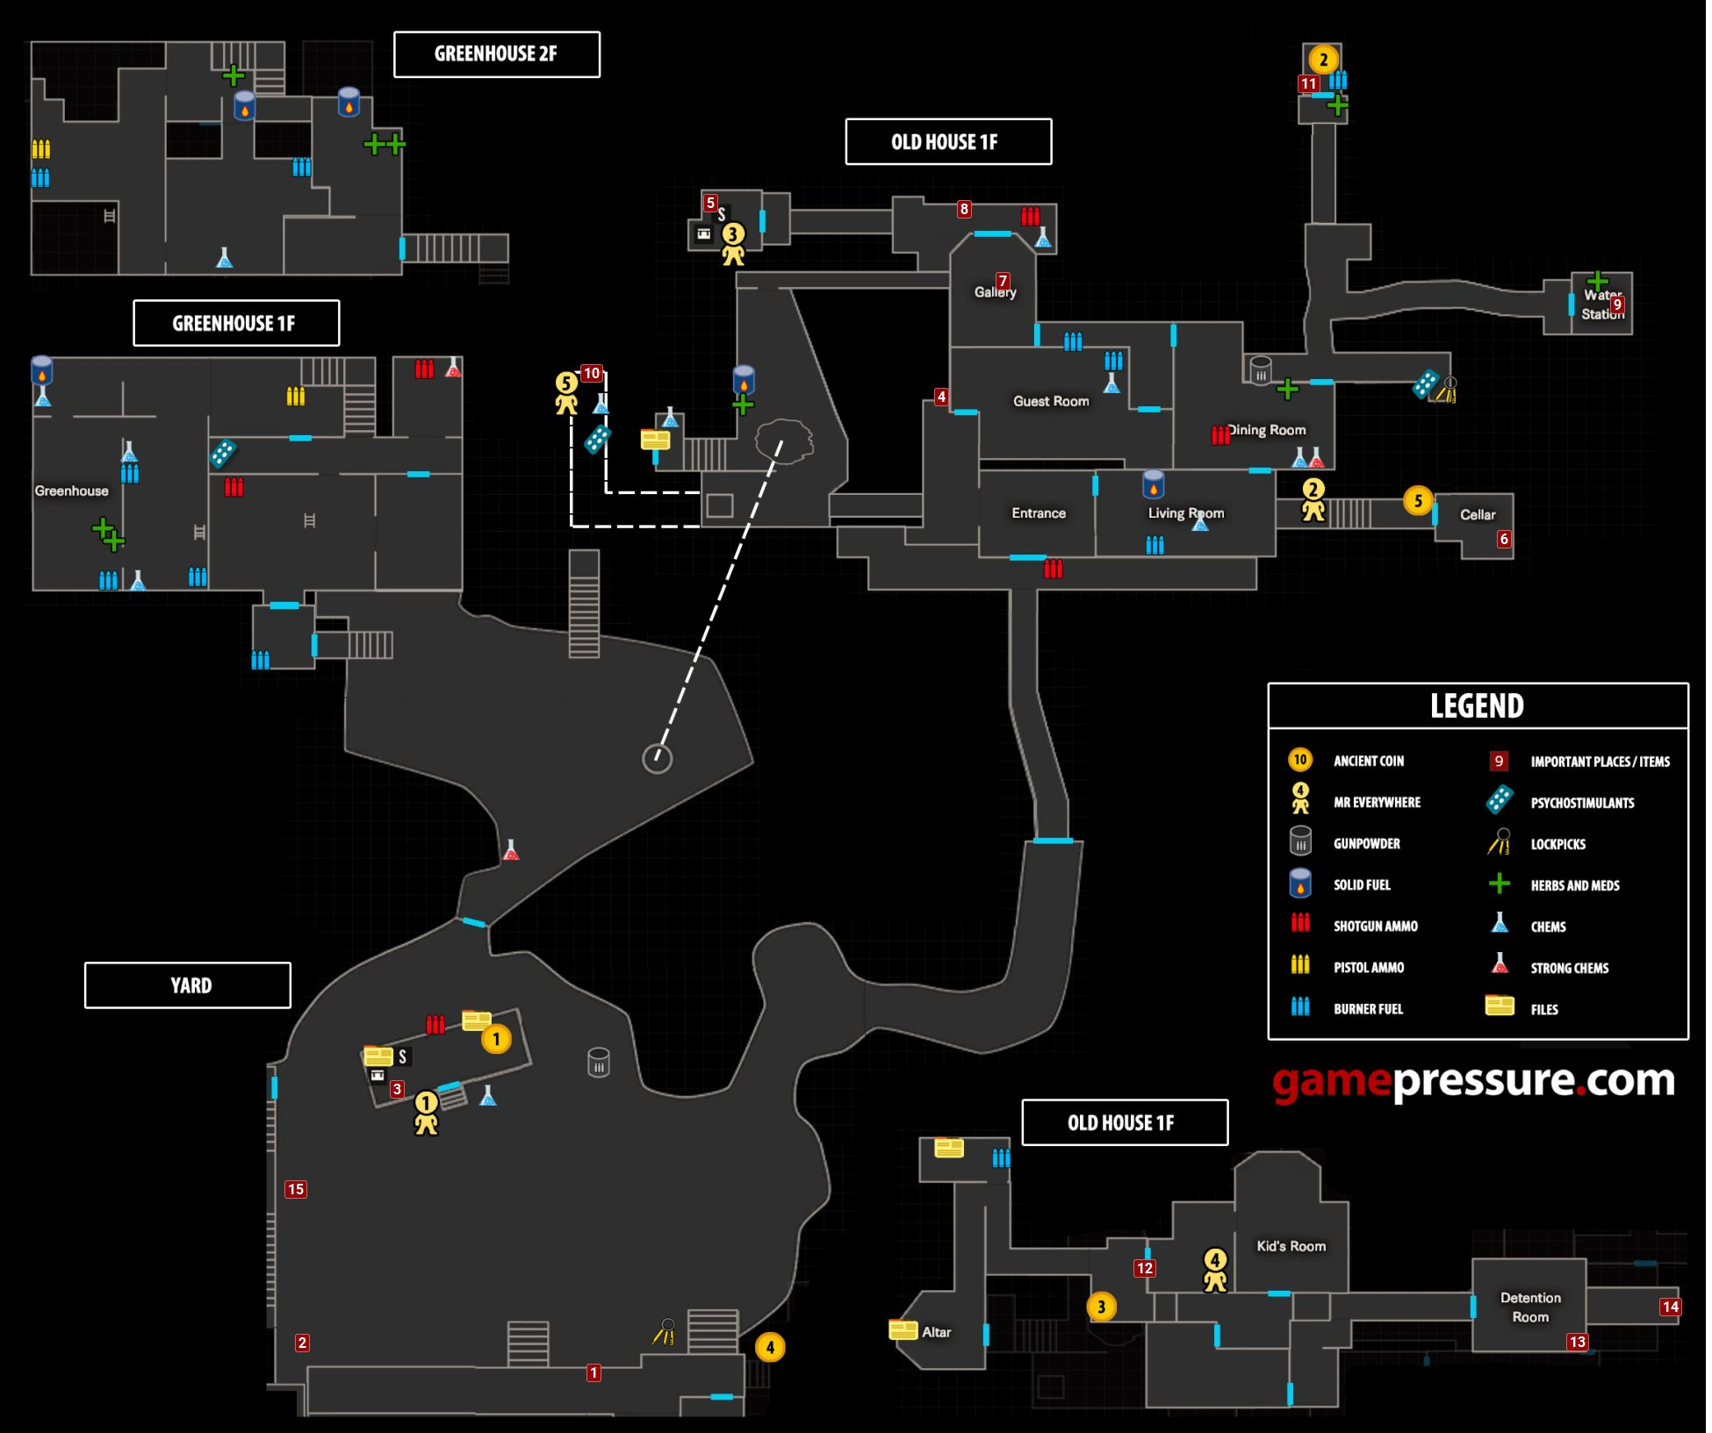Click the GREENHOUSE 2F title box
[x=497, y=54]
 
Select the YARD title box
[x=188, y=985]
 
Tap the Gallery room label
[x=995, y=292]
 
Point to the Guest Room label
[x=1051, y=401]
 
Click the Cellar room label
[x=1478, y=515]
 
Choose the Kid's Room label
[x=1291, y=1246]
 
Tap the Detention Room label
[x=1530, y=1308]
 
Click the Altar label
[x=936, y=1332]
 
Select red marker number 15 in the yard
[x=295, y=1190]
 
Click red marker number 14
[x=1670, y=1307]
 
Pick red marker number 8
[x=964, y=209]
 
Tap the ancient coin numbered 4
[x=770, y=1347]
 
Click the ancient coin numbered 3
[x=1101, y=1307]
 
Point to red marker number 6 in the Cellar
[x=1504, y=540]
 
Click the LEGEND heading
[x=1477, y=706]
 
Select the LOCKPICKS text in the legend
[x=1558, y=844]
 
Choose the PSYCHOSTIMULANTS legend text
[x=1583, y=803]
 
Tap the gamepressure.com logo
[x=1473, y=1081]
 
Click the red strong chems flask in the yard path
[x=510, y=849]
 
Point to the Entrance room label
[x=1039, y=513]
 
